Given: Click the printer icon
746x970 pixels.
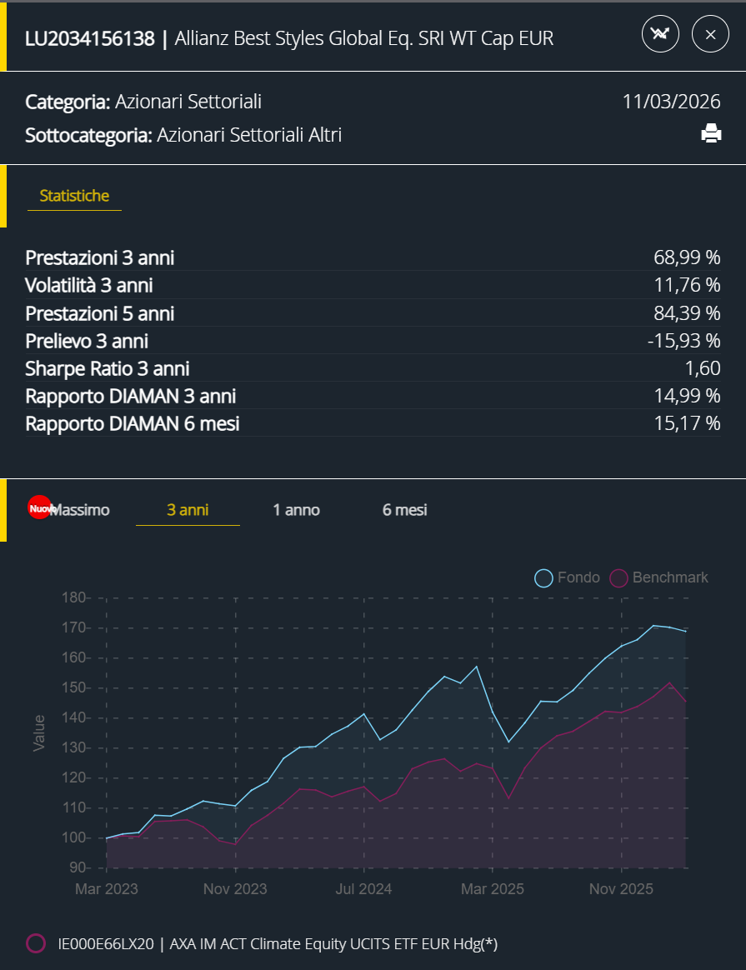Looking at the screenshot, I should point(711,133).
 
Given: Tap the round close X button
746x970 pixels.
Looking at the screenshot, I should point(710,35).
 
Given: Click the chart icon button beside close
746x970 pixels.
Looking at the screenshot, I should point(661,35).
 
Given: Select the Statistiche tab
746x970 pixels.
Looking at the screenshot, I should point(74,197).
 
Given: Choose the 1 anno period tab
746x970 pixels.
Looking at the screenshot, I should point(296,510).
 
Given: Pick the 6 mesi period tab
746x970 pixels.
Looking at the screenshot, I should point(404,510).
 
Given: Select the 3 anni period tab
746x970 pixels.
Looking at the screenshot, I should point(188,510).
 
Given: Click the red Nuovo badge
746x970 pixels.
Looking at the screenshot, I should point(40,508).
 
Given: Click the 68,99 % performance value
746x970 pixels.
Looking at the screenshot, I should point(687,257).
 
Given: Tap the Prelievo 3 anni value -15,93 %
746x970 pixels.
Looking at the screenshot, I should point(685,341).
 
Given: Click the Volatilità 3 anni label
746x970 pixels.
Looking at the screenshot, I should point(89,286).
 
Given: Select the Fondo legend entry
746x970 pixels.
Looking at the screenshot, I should point(568,577).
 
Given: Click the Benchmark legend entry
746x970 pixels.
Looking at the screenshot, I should point(659,577).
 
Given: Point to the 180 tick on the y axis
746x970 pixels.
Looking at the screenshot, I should point(76,597).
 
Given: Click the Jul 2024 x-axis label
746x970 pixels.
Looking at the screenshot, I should point(363,889).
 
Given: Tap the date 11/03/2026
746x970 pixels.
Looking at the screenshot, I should point(671,102).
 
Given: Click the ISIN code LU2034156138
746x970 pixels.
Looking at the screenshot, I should point(90,38).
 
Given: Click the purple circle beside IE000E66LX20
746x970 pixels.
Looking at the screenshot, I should point(36,943).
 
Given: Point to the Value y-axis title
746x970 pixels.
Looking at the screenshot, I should point(39,732).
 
